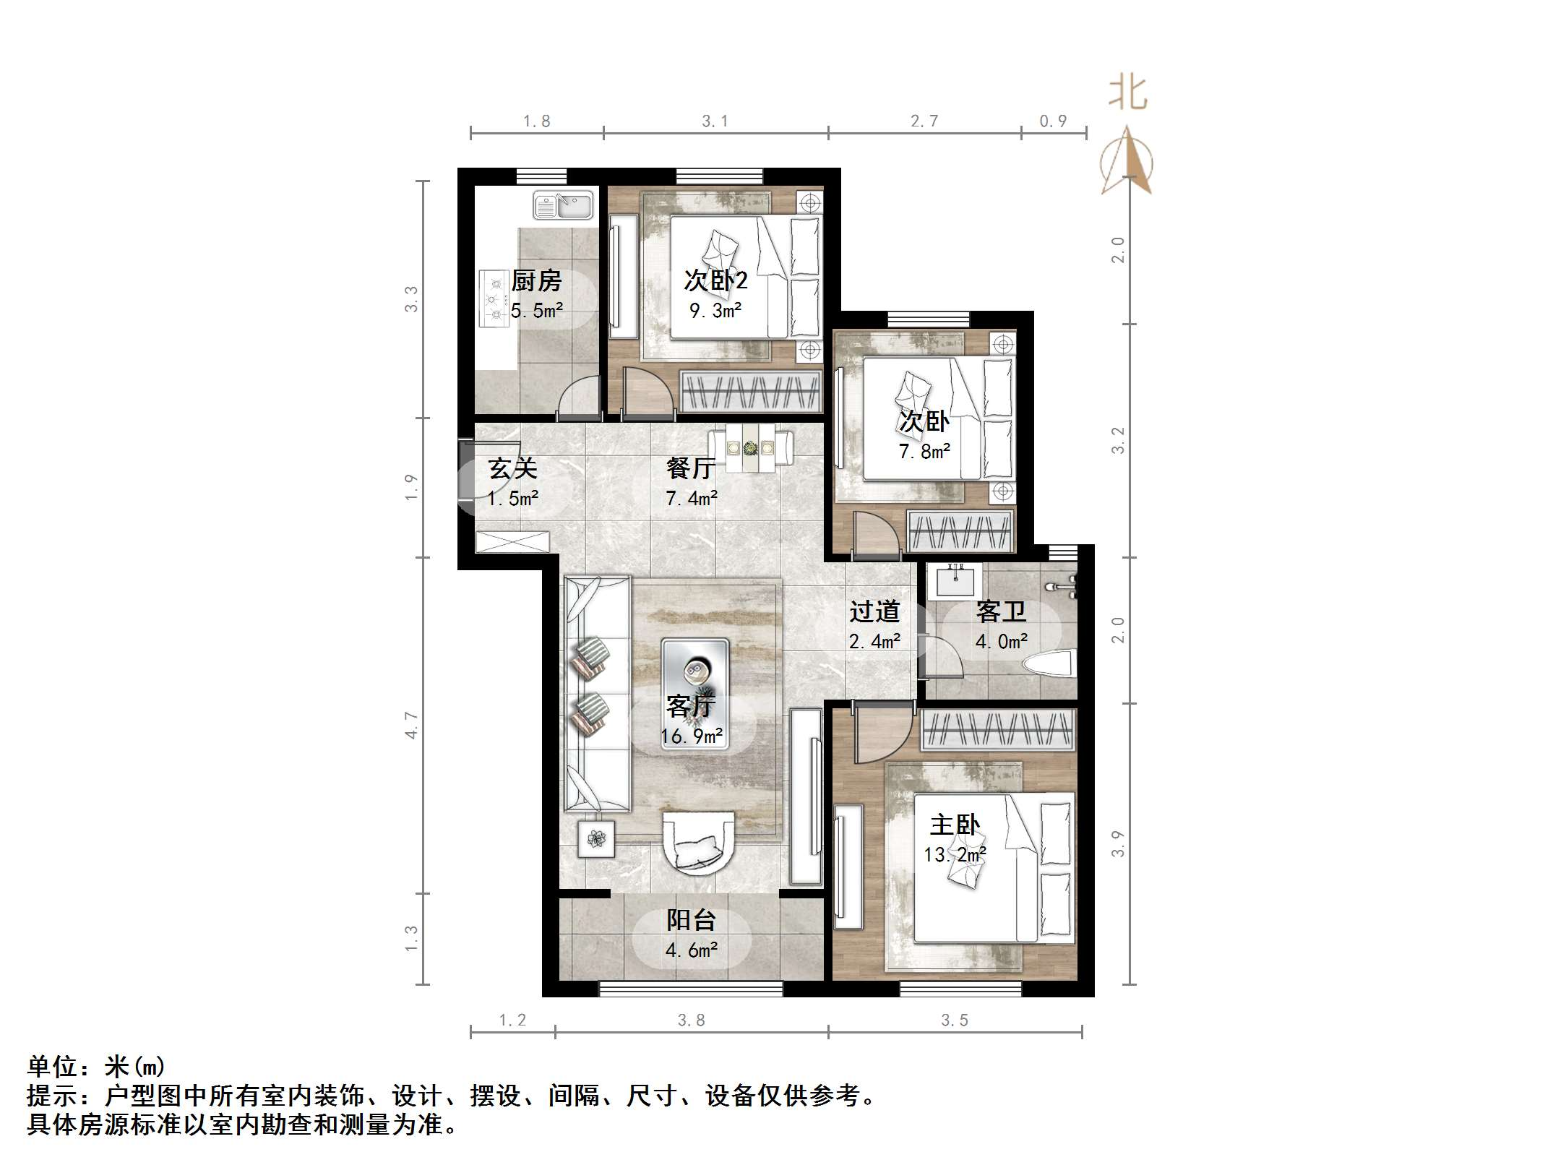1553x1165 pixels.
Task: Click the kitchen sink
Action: point(562,205)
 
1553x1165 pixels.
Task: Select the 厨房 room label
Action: point(536,281)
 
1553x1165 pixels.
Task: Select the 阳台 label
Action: point(692,920)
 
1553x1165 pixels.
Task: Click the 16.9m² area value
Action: point(692,736)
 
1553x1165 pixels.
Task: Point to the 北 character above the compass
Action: point(1128,94)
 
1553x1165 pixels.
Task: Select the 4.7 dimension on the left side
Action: point(411,725)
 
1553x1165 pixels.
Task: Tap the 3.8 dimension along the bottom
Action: point(691,1020)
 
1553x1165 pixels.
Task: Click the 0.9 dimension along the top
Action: point(1053,121)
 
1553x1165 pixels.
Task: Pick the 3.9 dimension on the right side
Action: point(1118,843)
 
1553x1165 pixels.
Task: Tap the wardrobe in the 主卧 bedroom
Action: point(998,729)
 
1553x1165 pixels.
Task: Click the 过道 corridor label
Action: point(874,612)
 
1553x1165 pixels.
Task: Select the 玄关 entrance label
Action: point(512,468)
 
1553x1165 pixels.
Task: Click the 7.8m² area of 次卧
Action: point(924,452)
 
